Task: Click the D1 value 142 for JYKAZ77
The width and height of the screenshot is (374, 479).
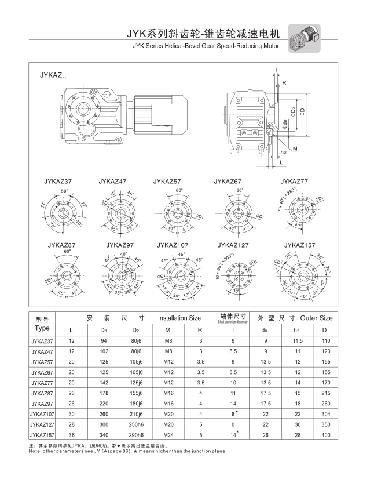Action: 105,383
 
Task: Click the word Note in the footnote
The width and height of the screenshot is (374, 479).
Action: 36,451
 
